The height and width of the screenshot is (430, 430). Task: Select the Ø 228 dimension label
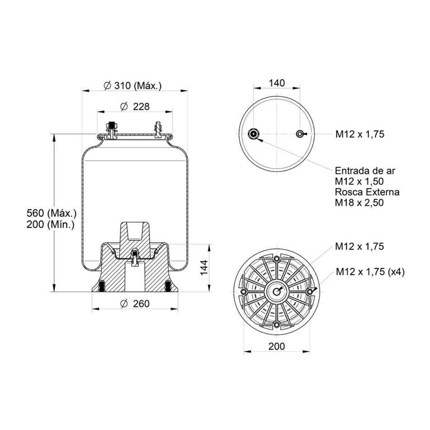pyautogui.click(x=134, y=106)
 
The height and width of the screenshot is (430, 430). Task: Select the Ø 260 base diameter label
pyautogui.click(x=134, y=304)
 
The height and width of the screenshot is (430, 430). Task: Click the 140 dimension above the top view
pyautogui.click(x=277, y=83)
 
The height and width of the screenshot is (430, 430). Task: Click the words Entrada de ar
pyautogui.click(x=365, y=171)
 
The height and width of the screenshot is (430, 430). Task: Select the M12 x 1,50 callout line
pyautogui.click(x=359, y=182)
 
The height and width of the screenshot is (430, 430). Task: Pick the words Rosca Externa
pyautogui.click(x=367, y=192)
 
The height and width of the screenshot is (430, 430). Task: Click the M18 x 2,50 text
pyautogui.click(x=359, y=203)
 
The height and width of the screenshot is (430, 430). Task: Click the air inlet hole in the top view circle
pyautogui.click(x=253, y=134)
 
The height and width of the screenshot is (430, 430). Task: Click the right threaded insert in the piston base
pyautogui.click(x=168, y=286)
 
